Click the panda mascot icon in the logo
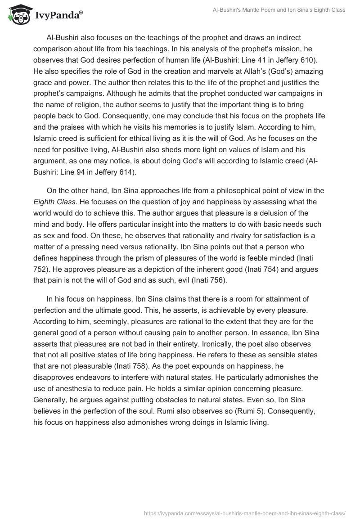(x=17, y=15)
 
